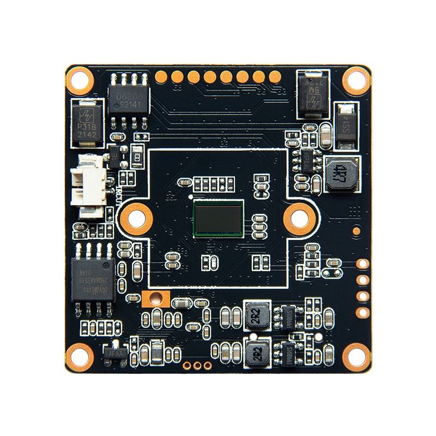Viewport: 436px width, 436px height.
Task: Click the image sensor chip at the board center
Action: [x=218, y=218]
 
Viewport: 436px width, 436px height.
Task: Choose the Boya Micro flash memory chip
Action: [x=93, y=280]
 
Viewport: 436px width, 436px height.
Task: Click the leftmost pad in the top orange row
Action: [x=160, y=76]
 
